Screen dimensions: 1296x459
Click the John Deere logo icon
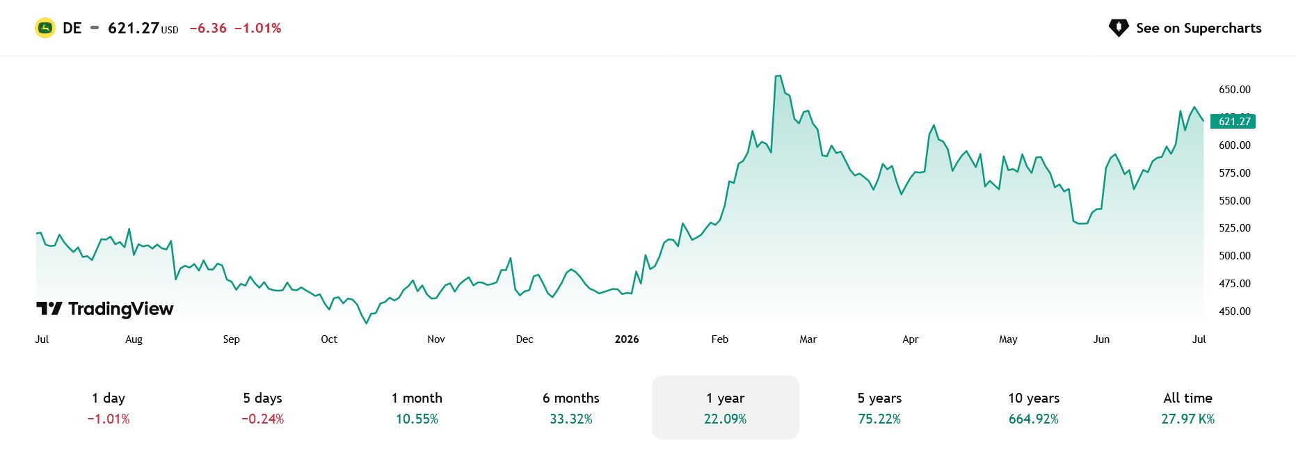45,28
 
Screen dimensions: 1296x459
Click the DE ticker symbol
72,29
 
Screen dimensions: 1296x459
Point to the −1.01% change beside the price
258,29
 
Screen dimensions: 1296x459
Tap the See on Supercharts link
1185,28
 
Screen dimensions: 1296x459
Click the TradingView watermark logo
105,309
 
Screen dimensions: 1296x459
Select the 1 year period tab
726,408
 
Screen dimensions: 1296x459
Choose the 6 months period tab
571,408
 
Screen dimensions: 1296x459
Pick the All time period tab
1188,408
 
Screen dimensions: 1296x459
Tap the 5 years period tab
879,408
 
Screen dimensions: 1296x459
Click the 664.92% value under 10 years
1034,419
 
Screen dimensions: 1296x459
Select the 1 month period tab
417,408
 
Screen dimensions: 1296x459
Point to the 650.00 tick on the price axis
1235,90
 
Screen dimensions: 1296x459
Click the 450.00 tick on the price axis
1235,312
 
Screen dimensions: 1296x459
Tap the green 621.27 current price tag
1233,122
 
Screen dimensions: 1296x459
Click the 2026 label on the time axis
627,339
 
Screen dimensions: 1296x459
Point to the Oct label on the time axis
329,339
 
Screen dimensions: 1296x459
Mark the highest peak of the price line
778,76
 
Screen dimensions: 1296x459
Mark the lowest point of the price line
367,323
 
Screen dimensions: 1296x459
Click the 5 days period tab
263,408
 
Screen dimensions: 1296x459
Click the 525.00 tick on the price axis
1235,228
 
